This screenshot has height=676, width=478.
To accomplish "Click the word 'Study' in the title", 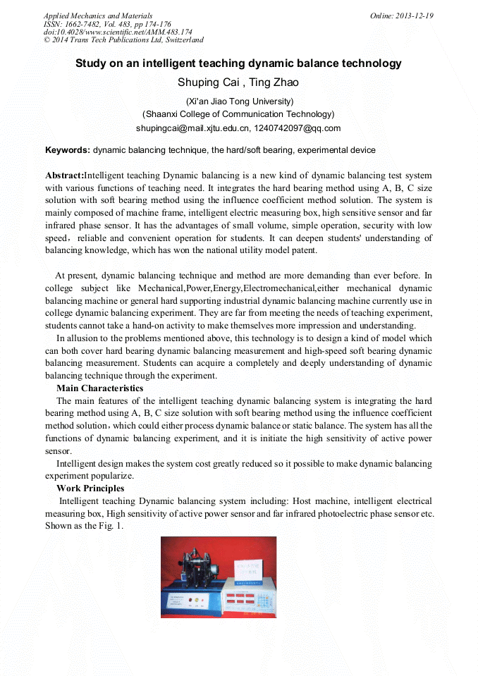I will [92, 63].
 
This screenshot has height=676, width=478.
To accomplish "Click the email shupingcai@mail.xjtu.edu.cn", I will [192, 128].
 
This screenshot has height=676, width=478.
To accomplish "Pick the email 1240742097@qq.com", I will [297, 128].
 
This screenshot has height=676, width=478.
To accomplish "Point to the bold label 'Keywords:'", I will [68, 150].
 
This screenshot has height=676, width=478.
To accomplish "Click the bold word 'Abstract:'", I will [64, 175].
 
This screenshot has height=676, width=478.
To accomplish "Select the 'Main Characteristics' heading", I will [99, 388].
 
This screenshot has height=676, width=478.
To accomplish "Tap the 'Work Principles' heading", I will [90, 488].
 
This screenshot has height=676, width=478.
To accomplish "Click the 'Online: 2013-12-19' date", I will [402, 16].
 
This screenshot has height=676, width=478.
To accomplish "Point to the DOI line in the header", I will [118, 32].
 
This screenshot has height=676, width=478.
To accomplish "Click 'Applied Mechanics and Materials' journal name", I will [97, 16].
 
